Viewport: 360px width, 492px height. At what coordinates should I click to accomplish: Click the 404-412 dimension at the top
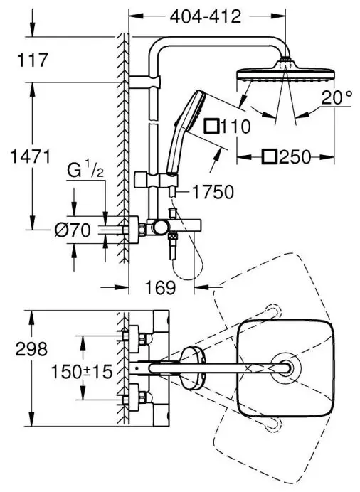(x=206, y=16)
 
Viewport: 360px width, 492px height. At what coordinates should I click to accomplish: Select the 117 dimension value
(x=33, y=60)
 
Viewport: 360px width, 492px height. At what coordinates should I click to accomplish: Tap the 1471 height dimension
(x=31, y=156)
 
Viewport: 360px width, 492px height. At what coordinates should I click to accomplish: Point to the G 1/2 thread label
(x=85, y=171)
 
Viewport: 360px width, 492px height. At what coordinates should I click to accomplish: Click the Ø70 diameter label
(x=73, y=230)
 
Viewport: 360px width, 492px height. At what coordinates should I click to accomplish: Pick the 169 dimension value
(x=160, y=287)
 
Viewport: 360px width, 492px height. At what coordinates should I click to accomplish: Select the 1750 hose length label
(x=213, y=192)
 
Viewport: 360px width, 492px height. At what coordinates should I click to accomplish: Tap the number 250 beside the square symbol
(x=295, y=156)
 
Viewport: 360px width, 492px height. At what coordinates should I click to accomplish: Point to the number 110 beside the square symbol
(x=235, y=127)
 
